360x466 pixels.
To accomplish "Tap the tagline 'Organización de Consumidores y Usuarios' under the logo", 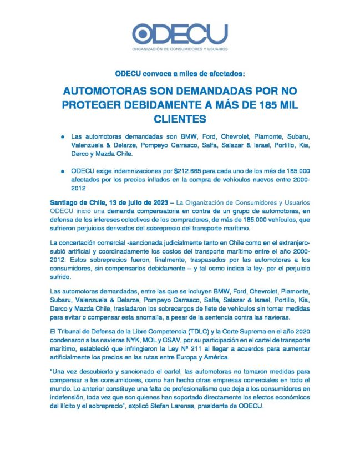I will (x=179, y=49).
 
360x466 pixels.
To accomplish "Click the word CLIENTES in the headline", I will (x=180, y=119).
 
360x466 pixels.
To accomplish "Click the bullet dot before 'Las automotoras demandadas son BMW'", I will (x=64, y=136).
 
